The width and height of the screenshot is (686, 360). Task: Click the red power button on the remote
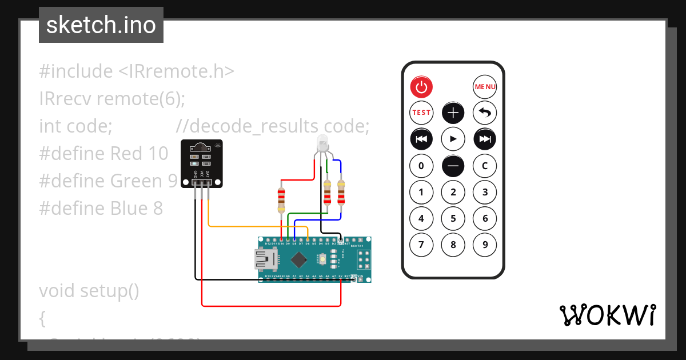[x=421, y=87]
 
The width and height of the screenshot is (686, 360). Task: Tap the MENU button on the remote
[x=485, y=87]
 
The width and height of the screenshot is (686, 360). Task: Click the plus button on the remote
[x=453, y=113]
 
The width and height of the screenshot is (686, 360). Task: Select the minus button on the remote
[x=453, y=166]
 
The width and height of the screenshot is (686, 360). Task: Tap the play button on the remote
[x=453, y=138]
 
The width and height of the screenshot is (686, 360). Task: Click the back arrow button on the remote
[x=485, y=113]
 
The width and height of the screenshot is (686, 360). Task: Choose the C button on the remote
[x=485, y=166]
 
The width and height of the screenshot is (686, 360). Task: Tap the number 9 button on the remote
[x=485, y=245]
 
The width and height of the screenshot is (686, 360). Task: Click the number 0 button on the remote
[x=421, y=166]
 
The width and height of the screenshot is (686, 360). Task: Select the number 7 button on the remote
[x=421, y=245]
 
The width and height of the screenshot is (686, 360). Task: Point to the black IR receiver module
[x=202, y=163]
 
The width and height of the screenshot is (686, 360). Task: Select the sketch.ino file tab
[x=101, y=25]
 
